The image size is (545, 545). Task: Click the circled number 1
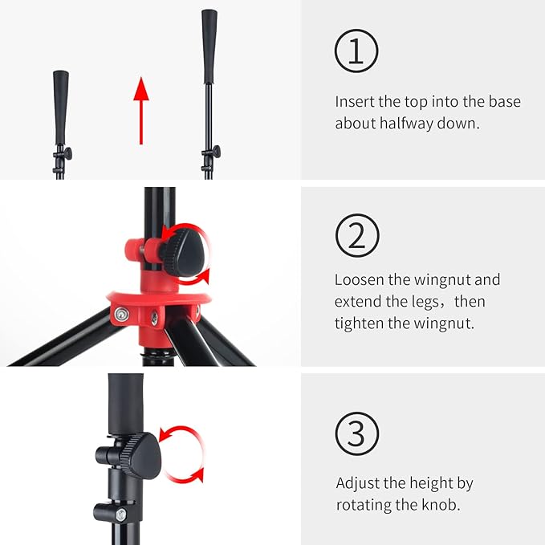pyautogui.click(x=356, y=51)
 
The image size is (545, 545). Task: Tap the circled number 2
pyautogui.click(x=357, y=235)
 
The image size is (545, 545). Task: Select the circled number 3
pyautogui.click(x=357, y=433)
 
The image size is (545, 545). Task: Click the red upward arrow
pyautogui.click(x=141, y=111)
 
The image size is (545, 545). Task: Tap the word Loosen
pyautogui.click(x=359, y=279)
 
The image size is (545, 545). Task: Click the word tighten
pyautogui.click(x=359, y=323)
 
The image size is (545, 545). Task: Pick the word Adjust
pyautogui.click(x=358, y=483)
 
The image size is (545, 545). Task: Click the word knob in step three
pyautogui.click(x=441, y=505)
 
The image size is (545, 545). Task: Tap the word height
pyautogui.click(x=431, y=483)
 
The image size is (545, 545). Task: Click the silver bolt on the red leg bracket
pyautogui.click(x=122, y=315)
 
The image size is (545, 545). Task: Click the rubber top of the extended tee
pyautogui.click(x=209, y=47)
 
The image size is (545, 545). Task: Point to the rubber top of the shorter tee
pyautogui.click(x=61, y=108)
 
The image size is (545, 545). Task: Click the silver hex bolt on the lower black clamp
pyautogui.click(x=121, y=514)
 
